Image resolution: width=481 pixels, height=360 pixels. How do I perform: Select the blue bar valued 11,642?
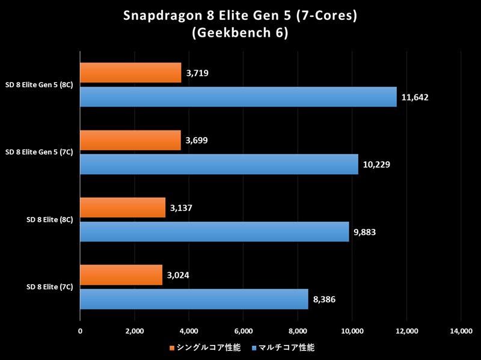tap(238, 97)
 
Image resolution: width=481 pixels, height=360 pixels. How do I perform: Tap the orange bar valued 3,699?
tap(130, 141)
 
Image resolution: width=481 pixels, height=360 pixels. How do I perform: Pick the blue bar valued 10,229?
tap(219, 164)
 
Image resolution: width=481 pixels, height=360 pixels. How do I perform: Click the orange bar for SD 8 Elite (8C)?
tap(123, 208)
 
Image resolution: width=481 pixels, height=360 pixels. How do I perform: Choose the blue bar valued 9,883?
tap(214, 231)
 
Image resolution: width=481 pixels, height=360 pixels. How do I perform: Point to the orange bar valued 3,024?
tap(121, 275)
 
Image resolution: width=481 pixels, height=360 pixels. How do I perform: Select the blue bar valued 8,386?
tap(194, 299)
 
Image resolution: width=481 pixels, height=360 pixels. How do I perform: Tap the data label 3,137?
tap(182, 208)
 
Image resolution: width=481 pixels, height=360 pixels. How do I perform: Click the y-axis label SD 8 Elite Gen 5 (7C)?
tap(39, 153)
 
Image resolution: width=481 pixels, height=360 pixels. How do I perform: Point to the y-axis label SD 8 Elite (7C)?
tap(50, 287)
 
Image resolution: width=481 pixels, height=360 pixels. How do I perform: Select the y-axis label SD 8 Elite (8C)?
tap(50, 220)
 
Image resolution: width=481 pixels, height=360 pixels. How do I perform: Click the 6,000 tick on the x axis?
tap(243, 331)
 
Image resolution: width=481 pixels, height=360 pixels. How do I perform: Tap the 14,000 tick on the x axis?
tap(461, 331)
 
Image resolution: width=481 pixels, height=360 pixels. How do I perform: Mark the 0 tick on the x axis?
tap(80, 331)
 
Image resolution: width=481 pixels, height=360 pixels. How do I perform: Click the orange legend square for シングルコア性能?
tap(171, 347)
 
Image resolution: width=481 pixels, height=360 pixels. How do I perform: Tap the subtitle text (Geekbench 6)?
tap(240, 34)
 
